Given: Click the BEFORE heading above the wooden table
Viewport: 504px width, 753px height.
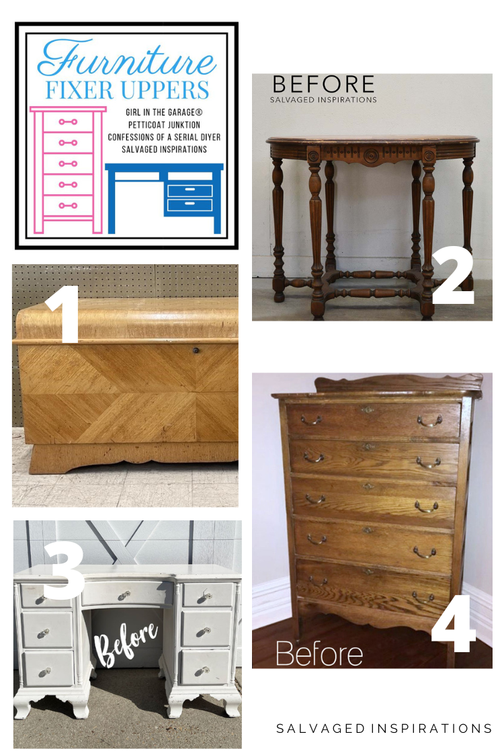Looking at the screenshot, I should [x=323, y=84].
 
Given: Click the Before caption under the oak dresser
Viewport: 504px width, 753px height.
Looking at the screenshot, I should [x=319, y=652].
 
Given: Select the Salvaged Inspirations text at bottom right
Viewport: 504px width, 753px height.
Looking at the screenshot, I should [x=384, y=728].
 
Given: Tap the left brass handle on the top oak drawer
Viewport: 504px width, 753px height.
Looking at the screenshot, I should [x=311, y=420].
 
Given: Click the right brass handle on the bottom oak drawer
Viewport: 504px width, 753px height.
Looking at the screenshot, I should [x=423, y=597].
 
